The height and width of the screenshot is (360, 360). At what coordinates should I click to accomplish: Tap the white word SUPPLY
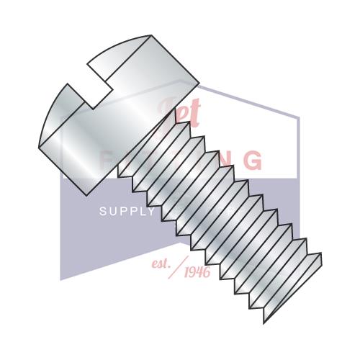(126, 212)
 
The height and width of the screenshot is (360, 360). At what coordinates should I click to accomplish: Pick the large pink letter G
(253, 160)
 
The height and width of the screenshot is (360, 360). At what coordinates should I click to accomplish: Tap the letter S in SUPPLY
(102, 212)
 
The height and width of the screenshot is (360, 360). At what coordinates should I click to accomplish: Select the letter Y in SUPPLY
(150, 212)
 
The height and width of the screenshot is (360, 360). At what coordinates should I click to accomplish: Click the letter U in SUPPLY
(112, 212)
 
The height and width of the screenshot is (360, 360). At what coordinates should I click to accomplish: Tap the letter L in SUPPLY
(140, 212)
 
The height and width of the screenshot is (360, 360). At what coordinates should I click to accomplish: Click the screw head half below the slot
(72, 137)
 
